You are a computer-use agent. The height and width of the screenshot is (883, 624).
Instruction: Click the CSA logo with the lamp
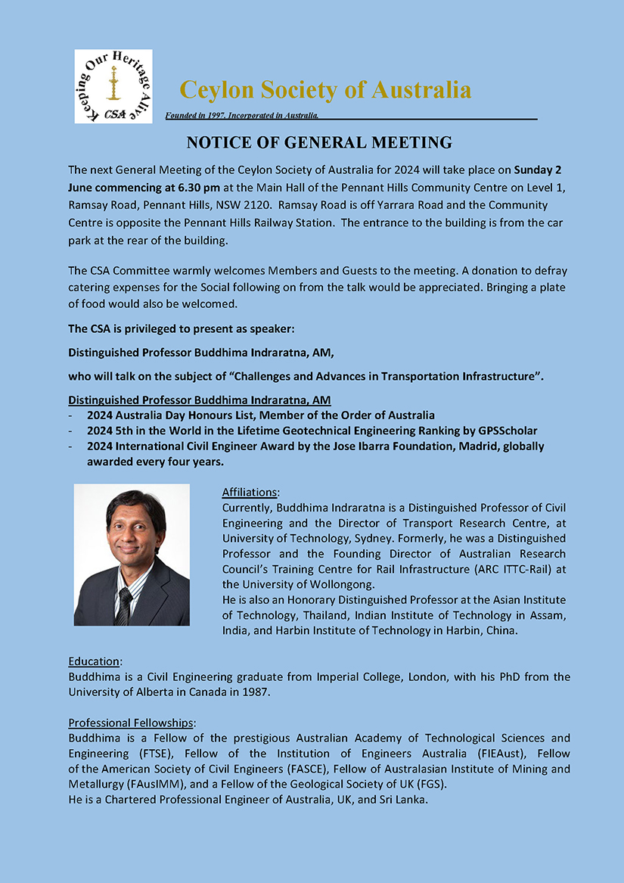pos(113,86)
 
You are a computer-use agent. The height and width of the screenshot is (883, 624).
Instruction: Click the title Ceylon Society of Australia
pos(325,90)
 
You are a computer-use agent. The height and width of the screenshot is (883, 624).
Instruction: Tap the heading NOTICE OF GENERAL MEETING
pos(319,142)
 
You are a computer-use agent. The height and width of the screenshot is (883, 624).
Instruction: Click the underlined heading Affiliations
pos(250,492)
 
